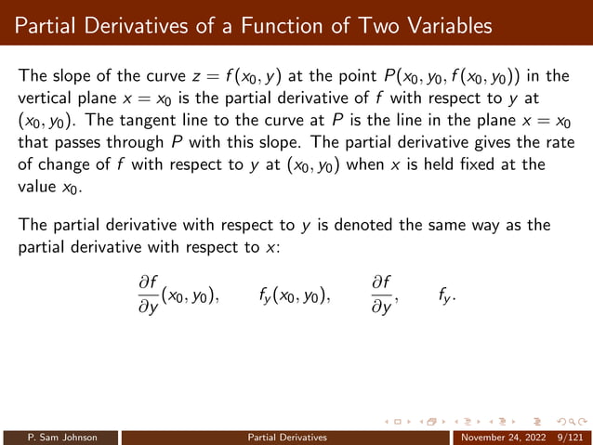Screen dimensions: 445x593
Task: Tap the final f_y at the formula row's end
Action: point(446,295)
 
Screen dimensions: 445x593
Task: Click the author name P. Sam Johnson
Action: point(60,437)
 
